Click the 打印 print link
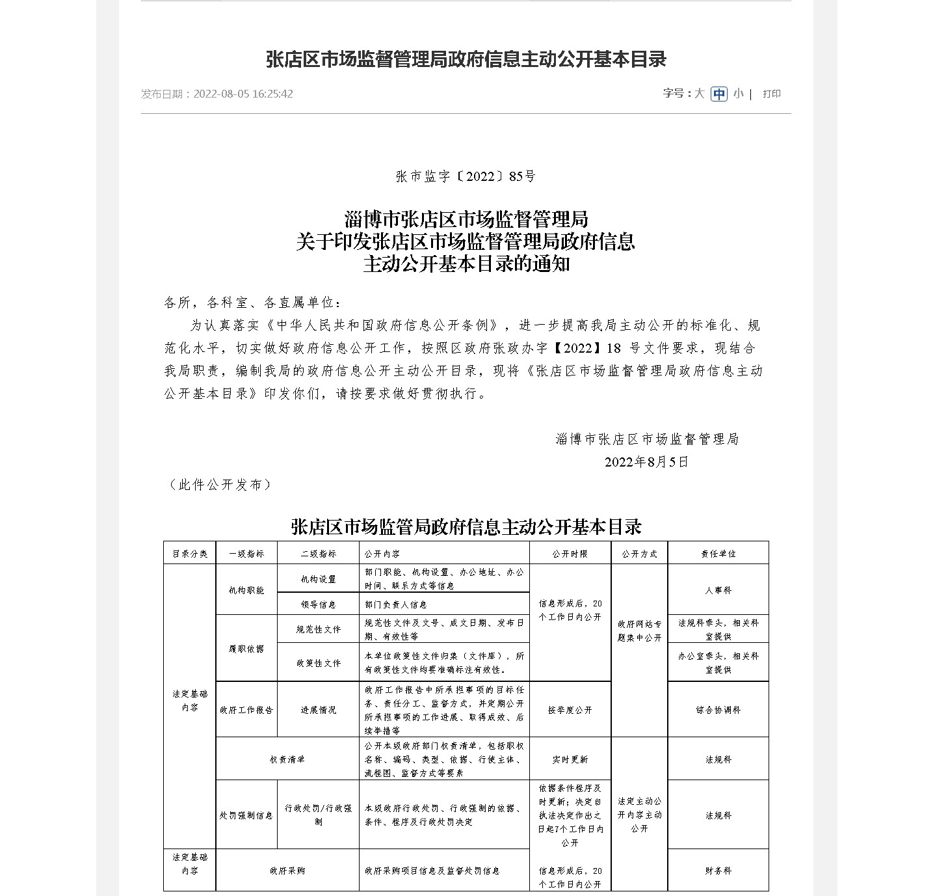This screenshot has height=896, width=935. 772,94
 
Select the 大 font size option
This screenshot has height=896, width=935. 699,94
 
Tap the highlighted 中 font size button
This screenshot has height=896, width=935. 718,94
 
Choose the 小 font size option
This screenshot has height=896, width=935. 738,94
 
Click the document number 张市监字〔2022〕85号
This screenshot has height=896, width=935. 466,176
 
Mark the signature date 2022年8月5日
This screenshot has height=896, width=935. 646,462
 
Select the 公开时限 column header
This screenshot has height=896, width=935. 570,554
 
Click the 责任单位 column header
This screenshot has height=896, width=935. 718,554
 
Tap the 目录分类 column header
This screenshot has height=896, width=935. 189,554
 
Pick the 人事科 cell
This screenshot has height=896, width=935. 718,590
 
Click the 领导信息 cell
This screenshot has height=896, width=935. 318,604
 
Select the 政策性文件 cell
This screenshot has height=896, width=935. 318,663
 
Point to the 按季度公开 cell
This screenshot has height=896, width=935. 570,710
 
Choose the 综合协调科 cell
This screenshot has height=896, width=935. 718,710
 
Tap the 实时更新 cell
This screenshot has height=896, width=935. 570,759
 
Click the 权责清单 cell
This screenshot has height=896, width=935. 287,759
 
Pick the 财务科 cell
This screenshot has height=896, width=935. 718,871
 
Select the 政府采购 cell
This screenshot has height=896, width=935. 287,871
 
